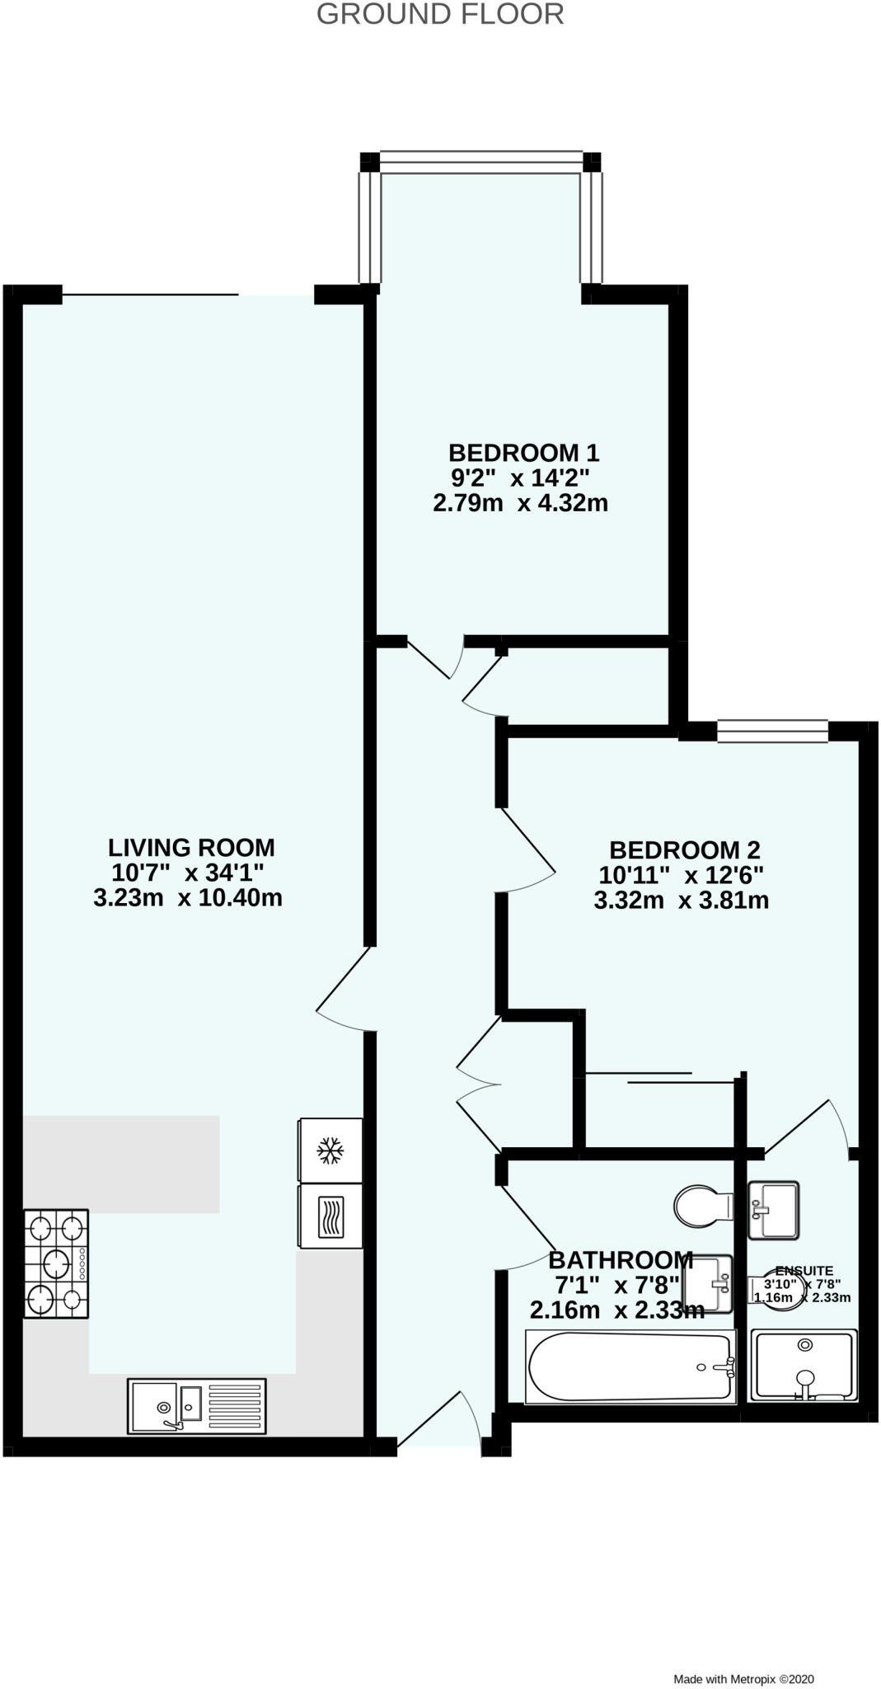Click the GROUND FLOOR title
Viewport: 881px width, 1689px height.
tap(440, 14)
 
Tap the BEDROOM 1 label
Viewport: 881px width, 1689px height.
tap(523, 453)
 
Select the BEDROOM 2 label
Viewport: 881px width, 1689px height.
tap(684, 849)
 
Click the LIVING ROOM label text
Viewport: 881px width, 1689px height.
tap(191, 847)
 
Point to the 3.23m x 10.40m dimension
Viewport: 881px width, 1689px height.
tap(188, 897)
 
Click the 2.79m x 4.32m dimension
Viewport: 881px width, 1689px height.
tap(520, 502)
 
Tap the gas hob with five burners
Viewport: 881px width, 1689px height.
tap(56, 1263)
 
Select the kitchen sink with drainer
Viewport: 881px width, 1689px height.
tap(197, 1405)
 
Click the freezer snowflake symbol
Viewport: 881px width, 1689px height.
tap(330, 1150)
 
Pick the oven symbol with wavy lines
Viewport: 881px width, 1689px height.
tap(330, 1216)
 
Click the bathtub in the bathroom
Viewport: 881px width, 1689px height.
tap(630, 1367)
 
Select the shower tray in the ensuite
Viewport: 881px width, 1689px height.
tap(804, 1365)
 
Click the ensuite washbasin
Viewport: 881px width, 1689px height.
tap(773, 1210)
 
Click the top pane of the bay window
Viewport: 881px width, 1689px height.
tap(481, 162)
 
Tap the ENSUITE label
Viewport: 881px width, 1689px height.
tap(804, 1271)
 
